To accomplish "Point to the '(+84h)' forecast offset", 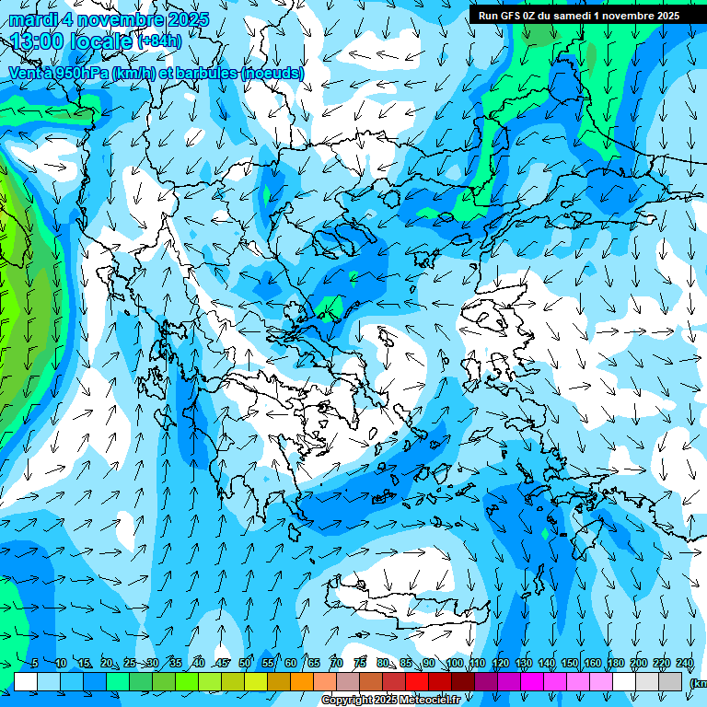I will (159, 41).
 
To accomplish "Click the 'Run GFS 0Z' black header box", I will (578, 15).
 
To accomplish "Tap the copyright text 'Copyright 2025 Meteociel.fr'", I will (391, 701).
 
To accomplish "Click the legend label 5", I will (34, 663).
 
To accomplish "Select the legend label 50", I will (245, 663).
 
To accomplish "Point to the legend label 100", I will (454, 663).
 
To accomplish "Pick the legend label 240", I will (685, 663).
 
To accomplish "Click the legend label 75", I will (360, 663).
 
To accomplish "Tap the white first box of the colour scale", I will (26, 681).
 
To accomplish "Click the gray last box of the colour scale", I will (671, 681).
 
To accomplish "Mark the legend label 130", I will (524, 663).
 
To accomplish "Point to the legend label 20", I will (107, 663).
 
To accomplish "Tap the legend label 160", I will (593, 663).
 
